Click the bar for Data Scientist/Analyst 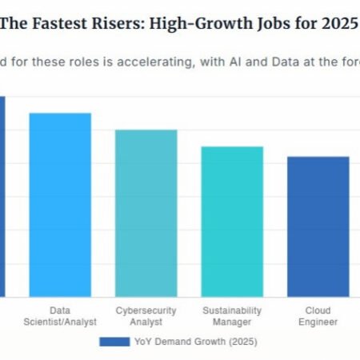pyautogui.click(x=60, y=204)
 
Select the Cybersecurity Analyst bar pyautogui.click(x=146, y=213)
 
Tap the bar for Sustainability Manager pyautogui.click(x=231, y=221)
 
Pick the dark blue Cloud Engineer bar pyautogui.click(x=318, y=226)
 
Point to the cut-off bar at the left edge pyautogui.click(x=2, y=196)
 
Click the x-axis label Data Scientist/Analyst pyautogui.click(x=61, y=316)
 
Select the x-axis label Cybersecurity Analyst pyautogui.click(x=146, y=316)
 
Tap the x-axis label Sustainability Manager pyautogui.click(x=231, y=316)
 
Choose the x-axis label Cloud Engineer pyautogui.click(x=318, y=316)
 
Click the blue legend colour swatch pyautogui.click(x=114, y=342)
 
